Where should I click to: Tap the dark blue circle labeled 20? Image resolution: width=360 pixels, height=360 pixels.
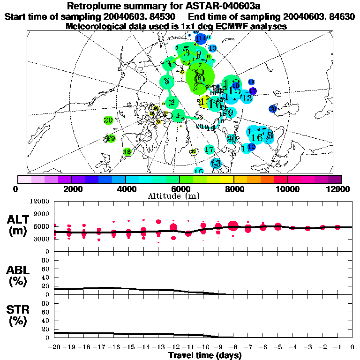click(273, 109)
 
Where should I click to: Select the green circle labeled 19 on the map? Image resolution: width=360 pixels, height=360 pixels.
click(111, 138)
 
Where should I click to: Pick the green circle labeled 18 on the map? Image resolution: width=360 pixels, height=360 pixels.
click(127, 151)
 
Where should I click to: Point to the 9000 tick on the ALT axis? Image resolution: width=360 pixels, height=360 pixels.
click(43, 214)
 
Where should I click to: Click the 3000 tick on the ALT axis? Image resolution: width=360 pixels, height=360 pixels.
click(43, 239)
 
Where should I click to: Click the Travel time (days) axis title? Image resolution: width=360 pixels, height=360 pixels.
click(205, 355)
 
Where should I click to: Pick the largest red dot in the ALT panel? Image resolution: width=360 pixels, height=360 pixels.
click(233, 226)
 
